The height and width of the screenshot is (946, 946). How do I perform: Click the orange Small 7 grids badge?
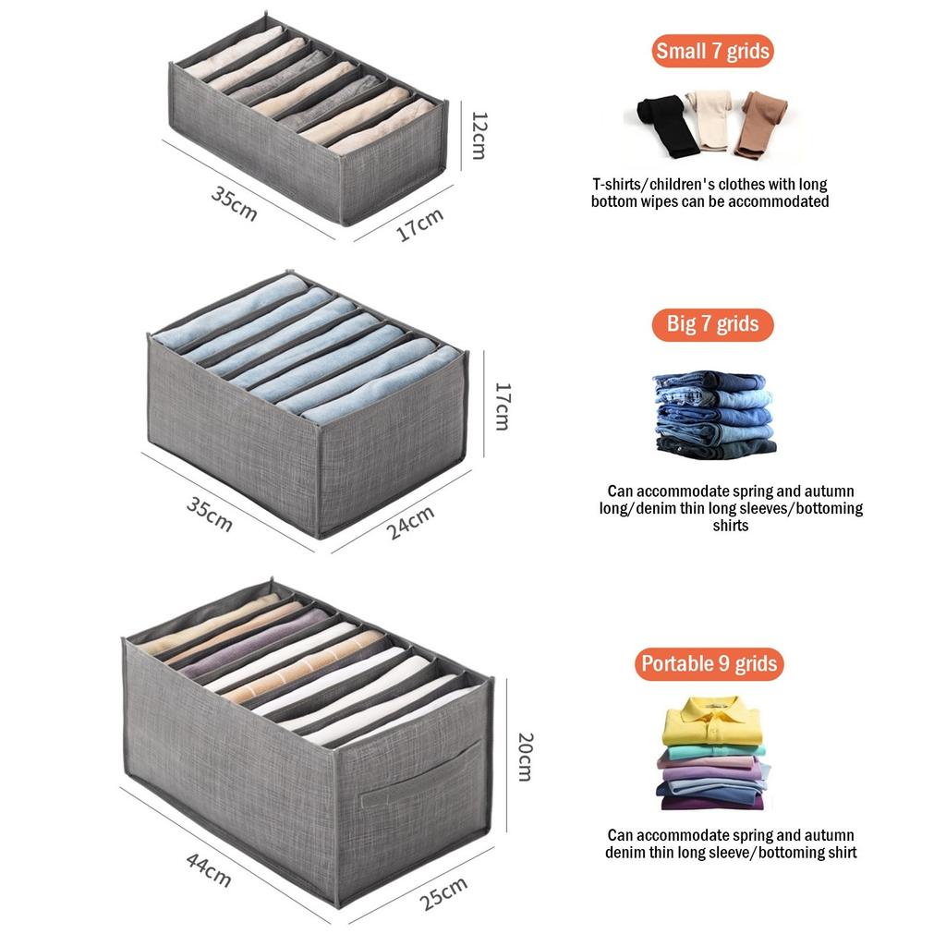(712, 51)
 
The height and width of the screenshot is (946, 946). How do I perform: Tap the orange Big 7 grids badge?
(712, 324)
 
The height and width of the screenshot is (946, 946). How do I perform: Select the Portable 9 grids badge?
(709, 663)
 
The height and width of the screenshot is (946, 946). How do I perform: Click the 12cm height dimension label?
(479, 135)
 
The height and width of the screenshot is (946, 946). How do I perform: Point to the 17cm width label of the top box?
(420, 224)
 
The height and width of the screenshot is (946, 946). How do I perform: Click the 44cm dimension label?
(209, 869)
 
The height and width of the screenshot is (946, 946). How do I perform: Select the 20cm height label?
(524, 757)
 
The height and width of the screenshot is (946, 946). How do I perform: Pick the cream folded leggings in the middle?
(712, 120)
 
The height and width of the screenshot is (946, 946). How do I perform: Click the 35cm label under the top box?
(235, 203)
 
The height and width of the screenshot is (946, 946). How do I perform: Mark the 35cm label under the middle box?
(210, 514)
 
